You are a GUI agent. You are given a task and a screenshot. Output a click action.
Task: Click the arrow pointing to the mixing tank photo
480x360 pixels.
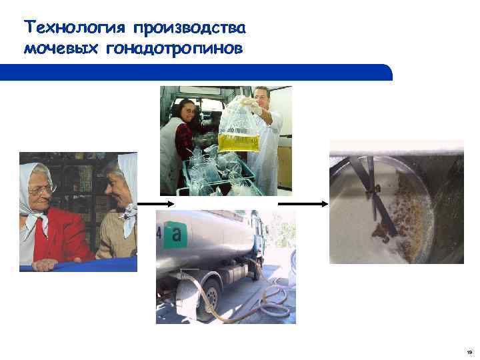303,203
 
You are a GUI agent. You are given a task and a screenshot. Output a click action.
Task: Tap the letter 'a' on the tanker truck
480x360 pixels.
176,234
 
